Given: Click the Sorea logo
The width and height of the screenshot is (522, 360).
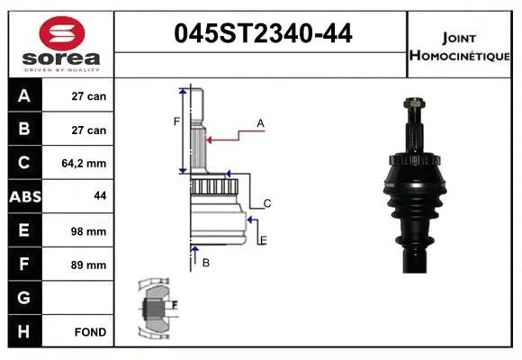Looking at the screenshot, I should (61, 46).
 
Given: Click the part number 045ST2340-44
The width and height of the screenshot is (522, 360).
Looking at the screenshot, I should (261, 35).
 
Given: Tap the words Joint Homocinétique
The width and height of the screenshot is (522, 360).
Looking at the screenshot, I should (460, 46).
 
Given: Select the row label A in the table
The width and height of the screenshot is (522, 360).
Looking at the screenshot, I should (24, 96).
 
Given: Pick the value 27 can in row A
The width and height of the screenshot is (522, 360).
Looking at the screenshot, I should (89, 96).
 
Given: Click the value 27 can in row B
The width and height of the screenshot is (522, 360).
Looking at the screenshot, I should (89, 130).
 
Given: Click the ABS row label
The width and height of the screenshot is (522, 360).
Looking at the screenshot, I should (24, 197).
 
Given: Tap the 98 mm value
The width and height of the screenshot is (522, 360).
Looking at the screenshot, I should (89, 231).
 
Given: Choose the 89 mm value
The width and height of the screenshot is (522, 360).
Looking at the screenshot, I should (89, 265).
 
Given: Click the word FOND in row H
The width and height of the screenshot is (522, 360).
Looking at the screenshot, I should (90, 332).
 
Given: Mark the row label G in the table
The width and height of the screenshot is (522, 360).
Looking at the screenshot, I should (24, 298).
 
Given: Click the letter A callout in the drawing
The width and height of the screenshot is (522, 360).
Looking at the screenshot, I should (260, 122).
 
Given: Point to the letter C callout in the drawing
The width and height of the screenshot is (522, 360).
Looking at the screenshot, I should (267, 203).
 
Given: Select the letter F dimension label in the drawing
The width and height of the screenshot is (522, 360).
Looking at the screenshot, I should (177, 121).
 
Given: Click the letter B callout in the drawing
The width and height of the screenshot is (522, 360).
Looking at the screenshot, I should (205, 262).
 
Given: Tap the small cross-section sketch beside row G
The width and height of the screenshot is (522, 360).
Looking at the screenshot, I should (154, 308).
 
